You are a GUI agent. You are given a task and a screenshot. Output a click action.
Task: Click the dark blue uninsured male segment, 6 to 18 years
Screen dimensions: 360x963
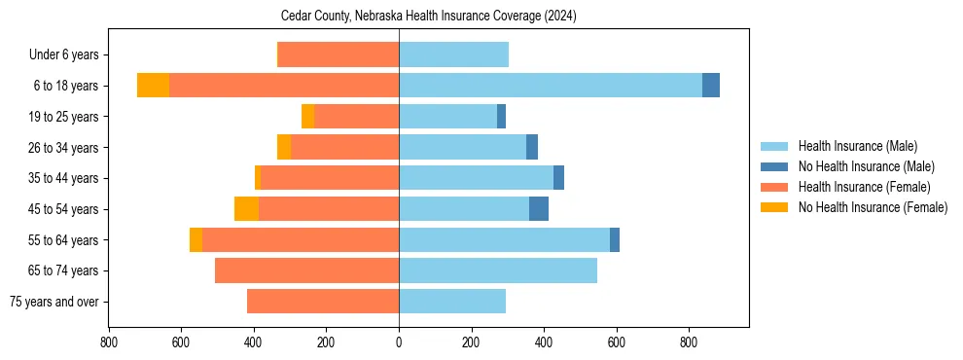[x=711, y=86]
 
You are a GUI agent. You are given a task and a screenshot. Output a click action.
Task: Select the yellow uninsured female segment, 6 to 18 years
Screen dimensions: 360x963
[x=153, y=86]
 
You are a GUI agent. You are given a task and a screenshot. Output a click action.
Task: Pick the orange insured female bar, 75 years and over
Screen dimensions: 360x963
[x=323, y=302]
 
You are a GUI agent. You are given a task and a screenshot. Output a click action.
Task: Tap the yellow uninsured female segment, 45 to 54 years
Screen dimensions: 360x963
[x=246, y=209]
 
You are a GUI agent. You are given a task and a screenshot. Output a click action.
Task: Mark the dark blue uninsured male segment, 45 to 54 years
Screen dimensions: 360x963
[x=539, y=209]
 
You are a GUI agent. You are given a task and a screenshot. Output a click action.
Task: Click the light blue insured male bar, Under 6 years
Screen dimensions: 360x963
[x=453, y=54]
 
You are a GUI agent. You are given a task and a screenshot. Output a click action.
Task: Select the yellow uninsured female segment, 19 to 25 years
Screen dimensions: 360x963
[x=307, y=117]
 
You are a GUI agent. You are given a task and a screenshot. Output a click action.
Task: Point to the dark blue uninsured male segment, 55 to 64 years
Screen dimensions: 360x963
[x=615, y=239]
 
